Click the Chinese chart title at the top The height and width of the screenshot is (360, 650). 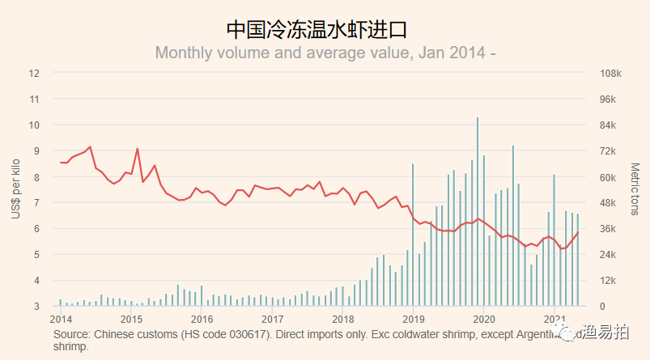[317, 30]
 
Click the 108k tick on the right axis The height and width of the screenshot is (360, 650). [610, 73]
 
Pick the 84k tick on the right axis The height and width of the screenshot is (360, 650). [609, 125]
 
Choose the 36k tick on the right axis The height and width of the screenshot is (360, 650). [609, 229]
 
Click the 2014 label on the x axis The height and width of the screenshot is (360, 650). [62, 320]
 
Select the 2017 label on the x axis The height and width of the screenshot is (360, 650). [273, 320]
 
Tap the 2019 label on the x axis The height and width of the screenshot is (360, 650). [414, 320]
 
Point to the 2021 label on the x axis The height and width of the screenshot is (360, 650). [554, 320]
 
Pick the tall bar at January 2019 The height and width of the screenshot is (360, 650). [413, 235]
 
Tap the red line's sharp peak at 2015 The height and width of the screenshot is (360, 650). [138, 149]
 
